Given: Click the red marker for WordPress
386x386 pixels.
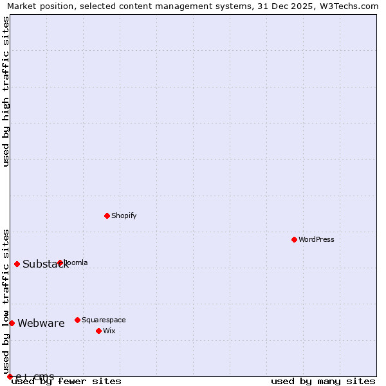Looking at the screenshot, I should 294,239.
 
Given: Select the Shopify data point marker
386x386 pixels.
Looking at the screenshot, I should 107,216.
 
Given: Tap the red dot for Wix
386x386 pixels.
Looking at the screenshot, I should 98,331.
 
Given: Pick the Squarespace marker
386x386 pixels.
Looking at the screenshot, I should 77,320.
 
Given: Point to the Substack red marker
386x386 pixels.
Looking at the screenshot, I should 17,264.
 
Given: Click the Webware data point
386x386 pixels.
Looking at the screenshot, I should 12,323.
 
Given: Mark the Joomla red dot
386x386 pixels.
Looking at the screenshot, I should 60,262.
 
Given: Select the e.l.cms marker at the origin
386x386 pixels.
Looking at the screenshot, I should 10,376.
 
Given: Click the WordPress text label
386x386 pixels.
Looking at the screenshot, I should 317,239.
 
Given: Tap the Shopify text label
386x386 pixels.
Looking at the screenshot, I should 124,216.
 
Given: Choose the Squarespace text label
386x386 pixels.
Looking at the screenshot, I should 104,320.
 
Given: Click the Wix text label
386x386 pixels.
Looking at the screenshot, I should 109,331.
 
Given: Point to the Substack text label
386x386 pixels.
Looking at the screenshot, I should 45,264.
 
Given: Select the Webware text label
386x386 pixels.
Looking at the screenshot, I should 41,324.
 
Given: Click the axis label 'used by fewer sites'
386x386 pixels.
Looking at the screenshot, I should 67,381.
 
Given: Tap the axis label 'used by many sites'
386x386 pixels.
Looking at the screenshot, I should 323,381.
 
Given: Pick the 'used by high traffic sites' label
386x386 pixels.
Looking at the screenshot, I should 6,91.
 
